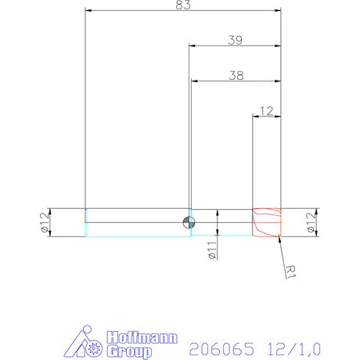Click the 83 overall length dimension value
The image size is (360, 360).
[183, 5]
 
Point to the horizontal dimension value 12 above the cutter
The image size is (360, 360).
[266, 110]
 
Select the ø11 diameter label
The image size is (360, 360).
[211, 250]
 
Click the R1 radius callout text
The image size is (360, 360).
[290, 270]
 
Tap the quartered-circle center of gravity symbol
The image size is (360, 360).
[187, 222]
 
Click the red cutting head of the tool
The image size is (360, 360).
[266, 222]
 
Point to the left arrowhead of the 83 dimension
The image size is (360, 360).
[88, 10]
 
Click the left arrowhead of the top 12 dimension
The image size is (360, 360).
[254, 116]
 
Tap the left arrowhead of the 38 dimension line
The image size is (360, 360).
[194, 80]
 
